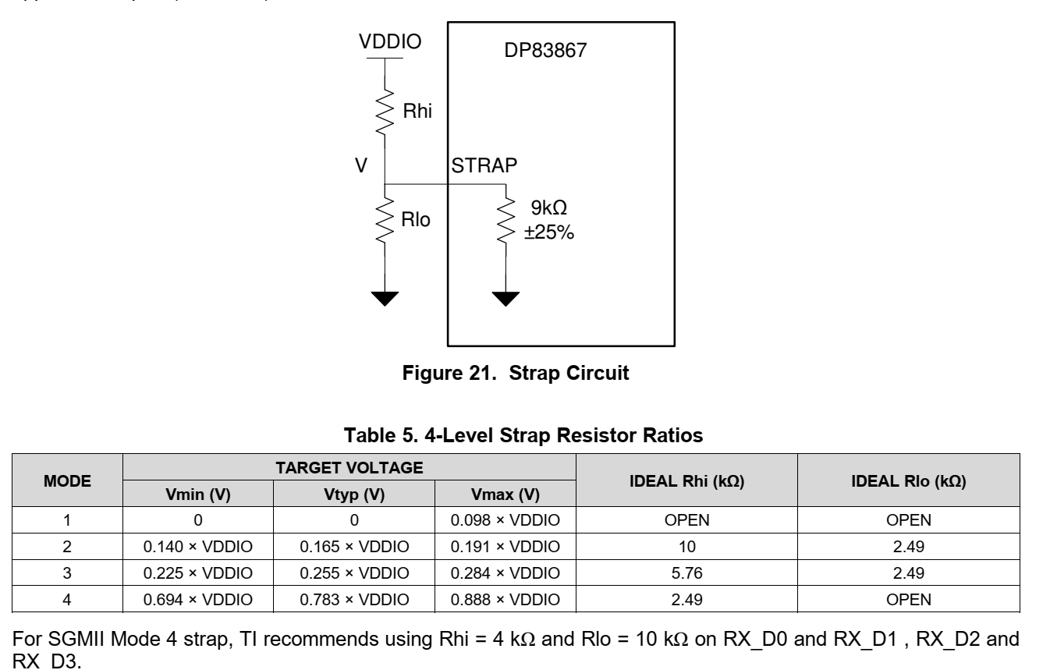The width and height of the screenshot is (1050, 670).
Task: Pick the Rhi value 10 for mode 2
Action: [686, 537]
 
